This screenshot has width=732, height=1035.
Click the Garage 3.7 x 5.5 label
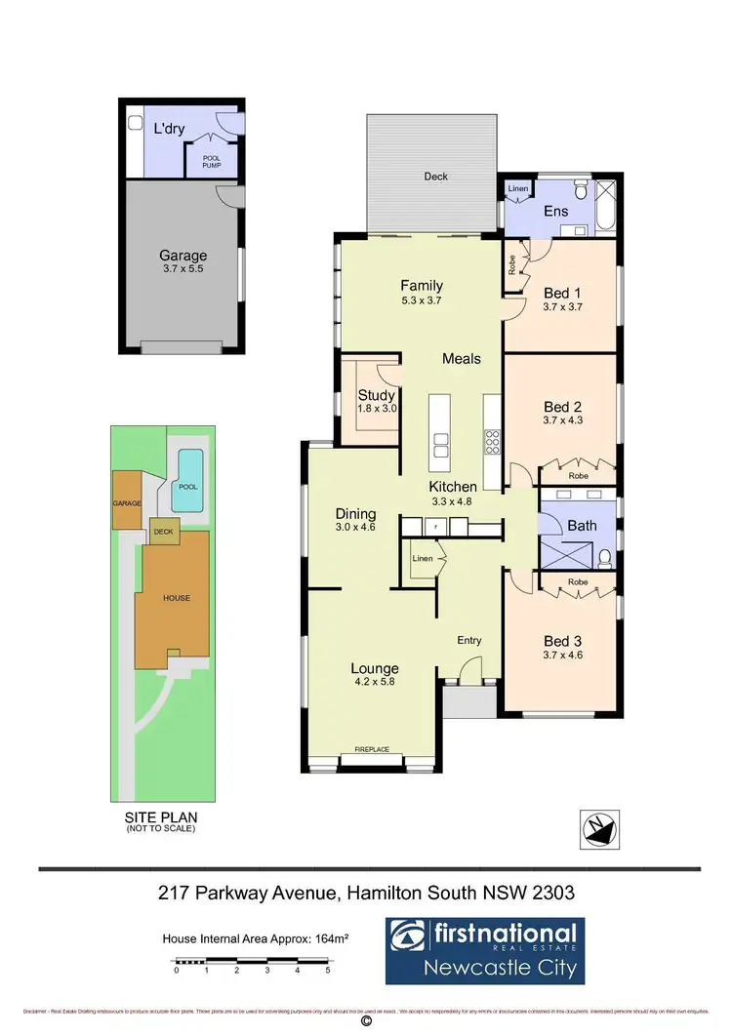click(x=183, y=262)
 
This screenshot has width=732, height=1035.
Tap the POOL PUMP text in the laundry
click(x=212, y=161)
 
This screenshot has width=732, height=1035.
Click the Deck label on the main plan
click(x=435, y=177)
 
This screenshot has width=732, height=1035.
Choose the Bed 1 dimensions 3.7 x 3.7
click(x=562, y=306)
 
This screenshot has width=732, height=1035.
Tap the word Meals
click(x=462, y=358)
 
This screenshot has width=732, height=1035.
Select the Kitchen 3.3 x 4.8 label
click(x=454, y=493)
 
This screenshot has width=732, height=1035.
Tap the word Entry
click(x=469, y=640)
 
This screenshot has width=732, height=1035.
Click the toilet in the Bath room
click(x=605, y=559)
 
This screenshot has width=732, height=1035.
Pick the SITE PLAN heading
click(x=161, y=817)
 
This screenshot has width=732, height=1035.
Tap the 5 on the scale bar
click(x=327, y=971)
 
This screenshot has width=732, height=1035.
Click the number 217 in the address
click(x=174, y=892)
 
